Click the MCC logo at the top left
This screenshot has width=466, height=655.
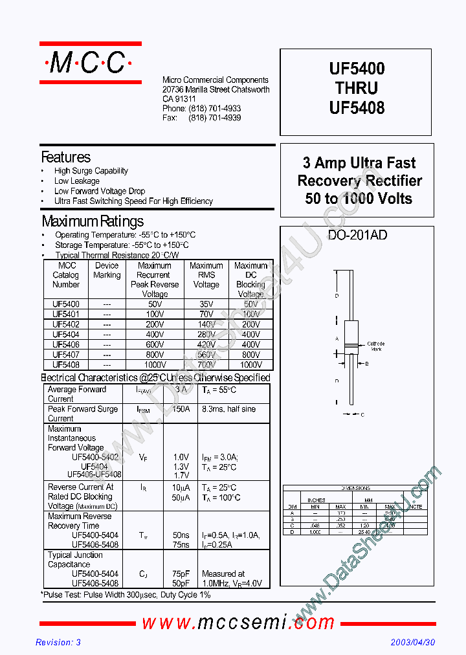tap(90, 63)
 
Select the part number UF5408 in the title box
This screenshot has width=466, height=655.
tap(357, 108)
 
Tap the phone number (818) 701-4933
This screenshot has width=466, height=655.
tap(215, 109)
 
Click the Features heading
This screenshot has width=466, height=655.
tap(66, 157)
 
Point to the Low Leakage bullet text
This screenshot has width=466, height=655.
tap(77, 181)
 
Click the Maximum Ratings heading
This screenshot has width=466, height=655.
tap(93, 221)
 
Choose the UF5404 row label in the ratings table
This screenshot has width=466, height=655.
tap(66, 335)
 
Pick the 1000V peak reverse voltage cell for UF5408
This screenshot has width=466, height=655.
tap(155, 364)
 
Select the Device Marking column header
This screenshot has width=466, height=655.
tap(107, 270)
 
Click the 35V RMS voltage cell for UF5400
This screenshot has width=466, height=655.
tap(206, 304)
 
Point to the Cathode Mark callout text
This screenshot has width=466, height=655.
tap(375, 346)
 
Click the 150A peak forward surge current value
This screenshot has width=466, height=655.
tap(181, 409)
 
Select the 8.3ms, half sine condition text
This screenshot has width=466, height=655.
tap(228, 409)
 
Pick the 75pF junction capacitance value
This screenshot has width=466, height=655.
tap(181, 573)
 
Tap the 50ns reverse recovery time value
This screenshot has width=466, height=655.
tap(181, 535)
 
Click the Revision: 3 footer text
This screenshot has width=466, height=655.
tap(58, 643)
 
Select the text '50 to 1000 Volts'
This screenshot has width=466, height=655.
tap(359, 199)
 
